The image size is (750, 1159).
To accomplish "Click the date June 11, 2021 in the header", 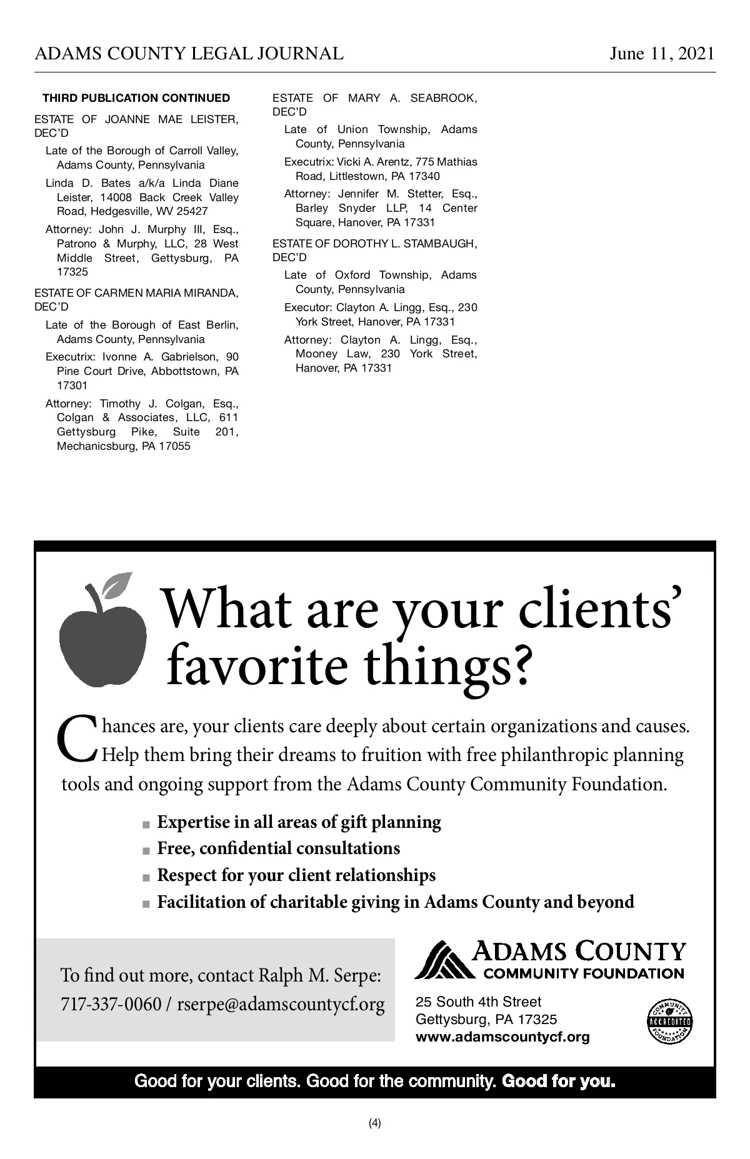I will tap(662, 54).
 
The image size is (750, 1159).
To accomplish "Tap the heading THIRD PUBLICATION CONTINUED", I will tap(136, 98).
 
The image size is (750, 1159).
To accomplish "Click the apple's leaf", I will tap(117, 584).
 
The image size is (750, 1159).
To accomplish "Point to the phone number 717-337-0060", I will tap(111, 1005).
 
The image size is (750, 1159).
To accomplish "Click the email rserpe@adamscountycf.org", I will tap(281, 1005).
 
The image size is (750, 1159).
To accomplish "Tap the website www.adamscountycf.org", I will tap(502, 1037).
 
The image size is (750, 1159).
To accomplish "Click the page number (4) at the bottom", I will tap(375, 1123).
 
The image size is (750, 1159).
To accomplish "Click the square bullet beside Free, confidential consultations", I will tap(146, 850).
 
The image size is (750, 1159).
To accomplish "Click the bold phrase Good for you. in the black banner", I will tap(559, 1081).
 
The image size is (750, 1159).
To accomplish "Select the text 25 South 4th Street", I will tap(478, 1002).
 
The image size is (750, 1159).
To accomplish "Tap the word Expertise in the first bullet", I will tap(194, 822).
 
